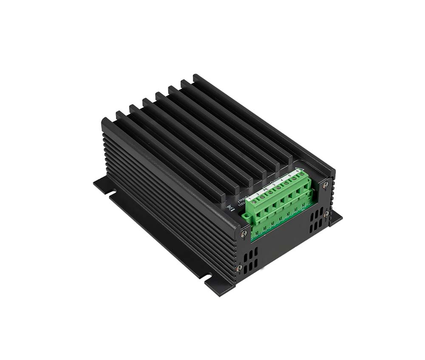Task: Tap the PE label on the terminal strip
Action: [266, 189]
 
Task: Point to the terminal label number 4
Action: [282, 180]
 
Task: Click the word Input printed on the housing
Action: [243, 197]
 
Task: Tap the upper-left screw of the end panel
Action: [244, 233]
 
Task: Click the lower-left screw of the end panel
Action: [240, 268]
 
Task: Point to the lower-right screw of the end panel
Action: [326, 214]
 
